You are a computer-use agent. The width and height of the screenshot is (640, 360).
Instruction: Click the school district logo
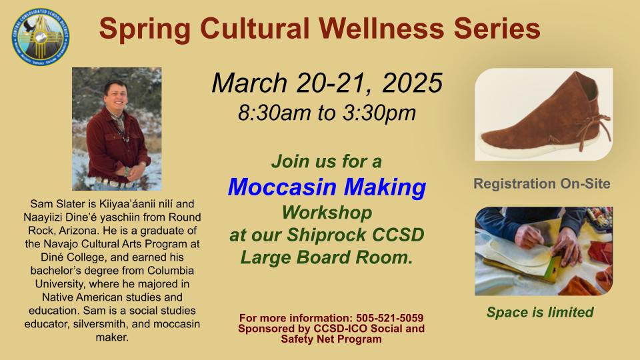(41, 37)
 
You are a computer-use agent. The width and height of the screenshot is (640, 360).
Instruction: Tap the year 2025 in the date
(412, 83)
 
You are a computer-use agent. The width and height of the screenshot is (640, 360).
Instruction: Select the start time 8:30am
(274, 113)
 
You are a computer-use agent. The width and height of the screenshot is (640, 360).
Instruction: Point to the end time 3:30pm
(379, 113)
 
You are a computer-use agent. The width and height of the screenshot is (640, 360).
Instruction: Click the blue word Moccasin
(281, 187)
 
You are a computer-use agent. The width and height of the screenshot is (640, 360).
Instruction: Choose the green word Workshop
(327, 213)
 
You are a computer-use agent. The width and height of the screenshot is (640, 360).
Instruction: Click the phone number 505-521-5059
(390, 318)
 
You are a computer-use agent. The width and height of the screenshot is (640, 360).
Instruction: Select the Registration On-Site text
(542, 184)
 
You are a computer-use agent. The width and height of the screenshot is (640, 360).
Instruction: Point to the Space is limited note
(539, 312)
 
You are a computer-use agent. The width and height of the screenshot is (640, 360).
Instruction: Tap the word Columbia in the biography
(171, 271)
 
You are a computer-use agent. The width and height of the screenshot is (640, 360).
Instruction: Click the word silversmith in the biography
(101, 324)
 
